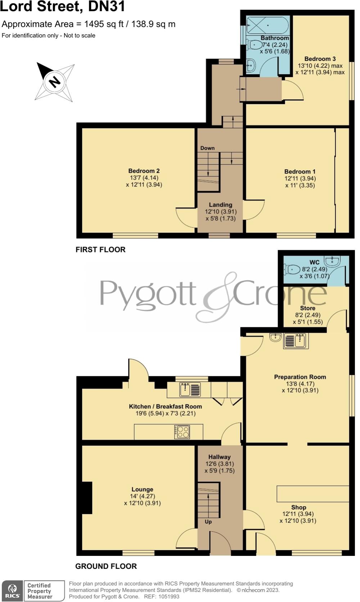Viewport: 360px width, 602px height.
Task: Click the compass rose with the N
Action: tap(55, 82)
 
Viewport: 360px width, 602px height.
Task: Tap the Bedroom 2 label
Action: tap(144, 171)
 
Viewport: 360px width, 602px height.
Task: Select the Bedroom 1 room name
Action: tap(300, 172)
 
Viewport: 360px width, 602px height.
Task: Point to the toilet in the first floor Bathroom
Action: tap(255, 45)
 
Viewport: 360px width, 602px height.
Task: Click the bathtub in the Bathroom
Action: tap(267, 25)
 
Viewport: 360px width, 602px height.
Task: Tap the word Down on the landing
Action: tap(207, 148)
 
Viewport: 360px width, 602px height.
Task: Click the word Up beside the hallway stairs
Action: tap(208, 522)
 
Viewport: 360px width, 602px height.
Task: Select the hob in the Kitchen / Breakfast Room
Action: tap(182, 432)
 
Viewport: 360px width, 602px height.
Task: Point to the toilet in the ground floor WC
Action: tap(292, 269)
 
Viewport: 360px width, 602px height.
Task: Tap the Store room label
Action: tap(307, 308)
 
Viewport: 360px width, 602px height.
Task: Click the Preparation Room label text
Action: tap(300, 377)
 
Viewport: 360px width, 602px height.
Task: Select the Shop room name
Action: tap(299, 507)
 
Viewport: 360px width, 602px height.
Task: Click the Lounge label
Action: tap(142, 489)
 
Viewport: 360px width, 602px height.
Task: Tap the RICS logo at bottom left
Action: tap(13, 591)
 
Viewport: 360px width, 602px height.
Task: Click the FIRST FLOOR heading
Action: tap(100, 250)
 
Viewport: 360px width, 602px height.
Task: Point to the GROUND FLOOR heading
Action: tap(106, 566)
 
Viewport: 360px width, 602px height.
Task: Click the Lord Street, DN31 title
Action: tap(63, 6)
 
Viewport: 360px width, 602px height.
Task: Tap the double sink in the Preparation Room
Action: tap(296, 340)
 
